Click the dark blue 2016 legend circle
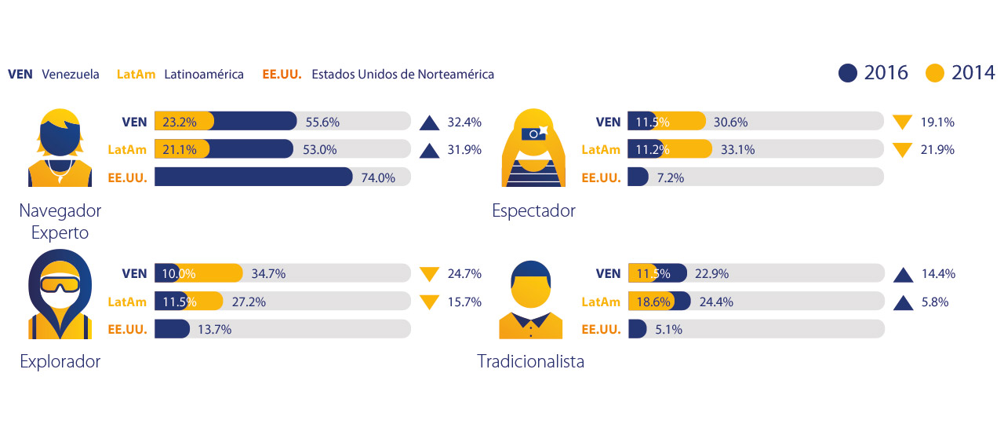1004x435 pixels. tap(848, 73)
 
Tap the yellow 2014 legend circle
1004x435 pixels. tap(935, 73)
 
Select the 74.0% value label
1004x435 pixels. tap(377, 177)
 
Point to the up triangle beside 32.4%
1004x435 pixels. tap(429, 122)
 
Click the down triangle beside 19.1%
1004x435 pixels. tap(903, 122)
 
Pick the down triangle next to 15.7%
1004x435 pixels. tap(429, 302)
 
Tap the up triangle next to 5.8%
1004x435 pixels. tap(903, 302)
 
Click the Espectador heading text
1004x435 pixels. tap(533, 211)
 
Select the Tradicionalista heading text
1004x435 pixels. tap(530, 362)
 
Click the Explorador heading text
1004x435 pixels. tap(60, 362)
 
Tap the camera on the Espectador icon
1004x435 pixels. tap(533, 134)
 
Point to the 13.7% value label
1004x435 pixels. tap(214, 330)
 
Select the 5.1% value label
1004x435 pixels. tap(669, 330)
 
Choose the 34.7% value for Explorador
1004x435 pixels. tap(268, 274)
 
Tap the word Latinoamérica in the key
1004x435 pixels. tap(204, 75)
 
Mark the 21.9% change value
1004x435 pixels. tap(937, 149)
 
